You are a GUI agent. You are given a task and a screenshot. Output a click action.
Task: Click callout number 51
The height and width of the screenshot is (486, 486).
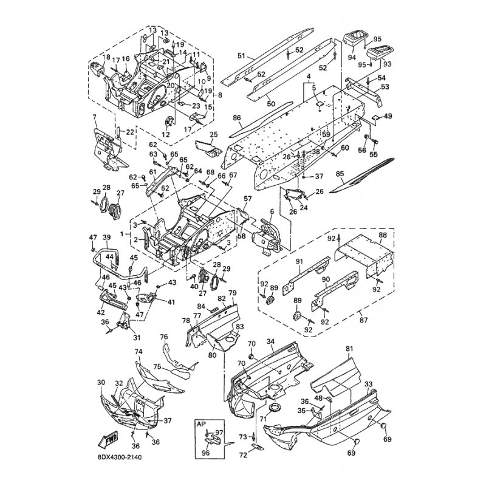[x=241, y=55]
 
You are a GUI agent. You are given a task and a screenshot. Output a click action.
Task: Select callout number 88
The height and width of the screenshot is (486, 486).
[x=382, y=234]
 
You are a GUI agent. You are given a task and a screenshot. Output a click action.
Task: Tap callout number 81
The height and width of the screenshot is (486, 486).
[x=349, y=349]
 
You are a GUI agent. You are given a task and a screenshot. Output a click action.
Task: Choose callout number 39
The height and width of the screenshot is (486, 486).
[x=106, y=237]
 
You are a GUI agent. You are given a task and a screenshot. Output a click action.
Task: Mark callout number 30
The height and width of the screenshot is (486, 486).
[x=101, y=382]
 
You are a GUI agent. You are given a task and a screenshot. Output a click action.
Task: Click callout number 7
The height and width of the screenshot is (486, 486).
[x=94, y=116]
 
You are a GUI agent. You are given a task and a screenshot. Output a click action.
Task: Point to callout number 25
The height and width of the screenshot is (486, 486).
[x=213, y=134]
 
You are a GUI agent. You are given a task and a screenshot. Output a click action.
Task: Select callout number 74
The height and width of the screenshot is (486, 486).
[x=138, y=352]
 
